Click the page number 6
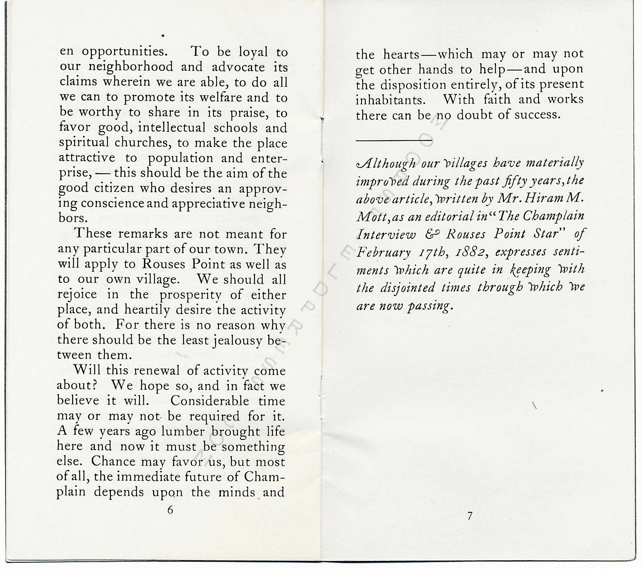tap(170, 510)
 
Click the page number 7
tap(470, 516)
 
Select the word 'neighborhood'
tap(131, 67)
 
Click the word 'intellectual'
tap(172, 128)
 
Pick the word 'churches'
tap(143, 143)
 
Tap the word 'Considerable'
tap(210, 401)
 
